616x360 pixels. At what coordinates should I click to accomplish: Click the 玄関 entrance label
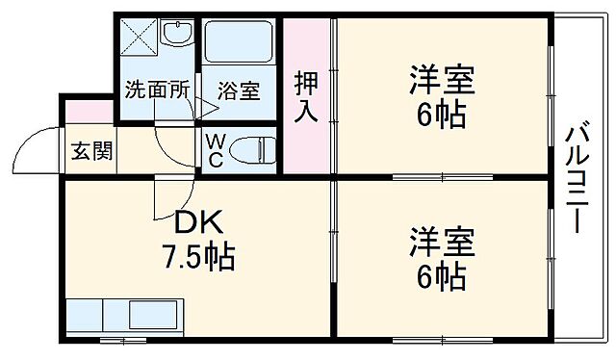coord(91,151)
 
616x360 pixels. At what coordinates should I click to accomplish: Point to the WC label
coord(216,150)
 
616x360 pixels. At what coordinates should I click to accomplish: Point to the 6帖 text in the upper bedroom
coord(442,116)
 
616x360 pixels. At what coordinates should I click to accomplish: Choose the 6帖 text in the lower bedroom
coord(442,277)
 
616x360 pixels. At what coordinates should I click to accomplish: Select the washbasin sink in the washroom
coord(177,36)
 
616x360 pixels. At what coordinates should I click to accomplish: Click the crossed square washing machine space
coord(138,41)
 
